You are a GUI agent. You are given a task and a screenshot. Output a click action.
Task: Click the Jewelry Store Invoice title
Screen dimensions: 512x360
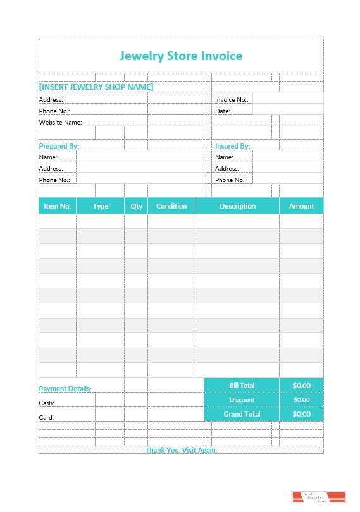coord(181,56)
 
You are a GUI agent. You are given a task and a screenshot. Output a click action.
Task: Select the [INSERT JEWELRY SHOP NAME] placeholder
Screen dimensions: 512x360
coord(96,87)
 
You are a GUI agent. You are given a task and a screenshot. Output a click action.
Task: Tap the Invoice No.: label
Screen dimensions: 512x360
coord(232,100)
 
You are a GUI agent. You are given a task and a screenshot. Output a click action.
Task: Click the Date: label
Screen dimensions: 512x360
coord(223,111)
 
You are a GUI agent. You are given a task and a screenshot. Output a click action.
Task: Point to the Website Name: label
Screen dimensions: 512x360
coord(61,122)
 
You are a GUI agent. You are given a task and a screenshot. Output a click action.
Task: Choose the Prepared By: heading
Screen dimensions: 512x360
coord(59,146)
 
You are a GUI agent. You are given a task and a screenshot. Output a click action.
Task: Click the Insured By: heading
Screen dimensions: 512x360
coord(232,146)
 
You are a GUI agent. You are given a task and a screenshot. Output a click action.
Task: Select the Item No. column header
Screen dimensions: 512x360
coord(58,206)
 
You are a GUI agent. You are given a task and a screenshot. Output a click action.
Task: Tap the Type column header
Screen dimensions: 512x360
coord(101,206)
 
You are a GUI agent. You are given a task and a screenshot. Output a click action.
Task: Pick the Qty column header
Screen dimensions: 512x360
coord(137,206)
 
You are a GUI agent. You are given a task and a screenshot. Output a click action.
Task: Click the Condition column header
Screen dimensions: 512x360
coord(171,206)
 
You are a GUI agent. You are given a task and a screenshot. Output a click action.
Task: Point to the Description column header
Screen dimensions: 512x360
coord(238,206)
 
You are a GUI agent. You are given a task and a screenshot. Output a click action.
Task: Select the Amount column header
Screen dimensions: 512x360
coord(301,206)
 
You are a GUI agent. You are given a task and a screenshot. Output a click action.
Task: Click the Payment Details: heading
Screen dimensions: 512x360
coord(65,389)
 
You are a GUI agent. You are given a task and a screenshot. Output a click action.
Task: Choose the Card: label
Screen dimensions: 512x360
coord(47,418)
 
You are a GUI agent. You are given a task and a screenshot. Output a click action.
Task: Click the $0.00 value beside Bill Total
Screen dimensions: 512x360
coord(301,386)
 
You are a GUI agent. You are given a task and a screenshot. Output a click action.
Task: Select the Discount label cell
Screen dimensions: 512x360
coord(242,400)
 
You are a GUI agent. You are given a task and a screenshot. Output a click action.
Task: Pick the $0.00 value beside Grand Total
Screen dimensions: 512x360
coord(301,415)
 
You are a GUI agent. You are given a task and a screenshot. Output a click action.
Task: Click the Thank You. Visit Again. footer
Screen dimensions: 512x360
coord(181,450)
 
